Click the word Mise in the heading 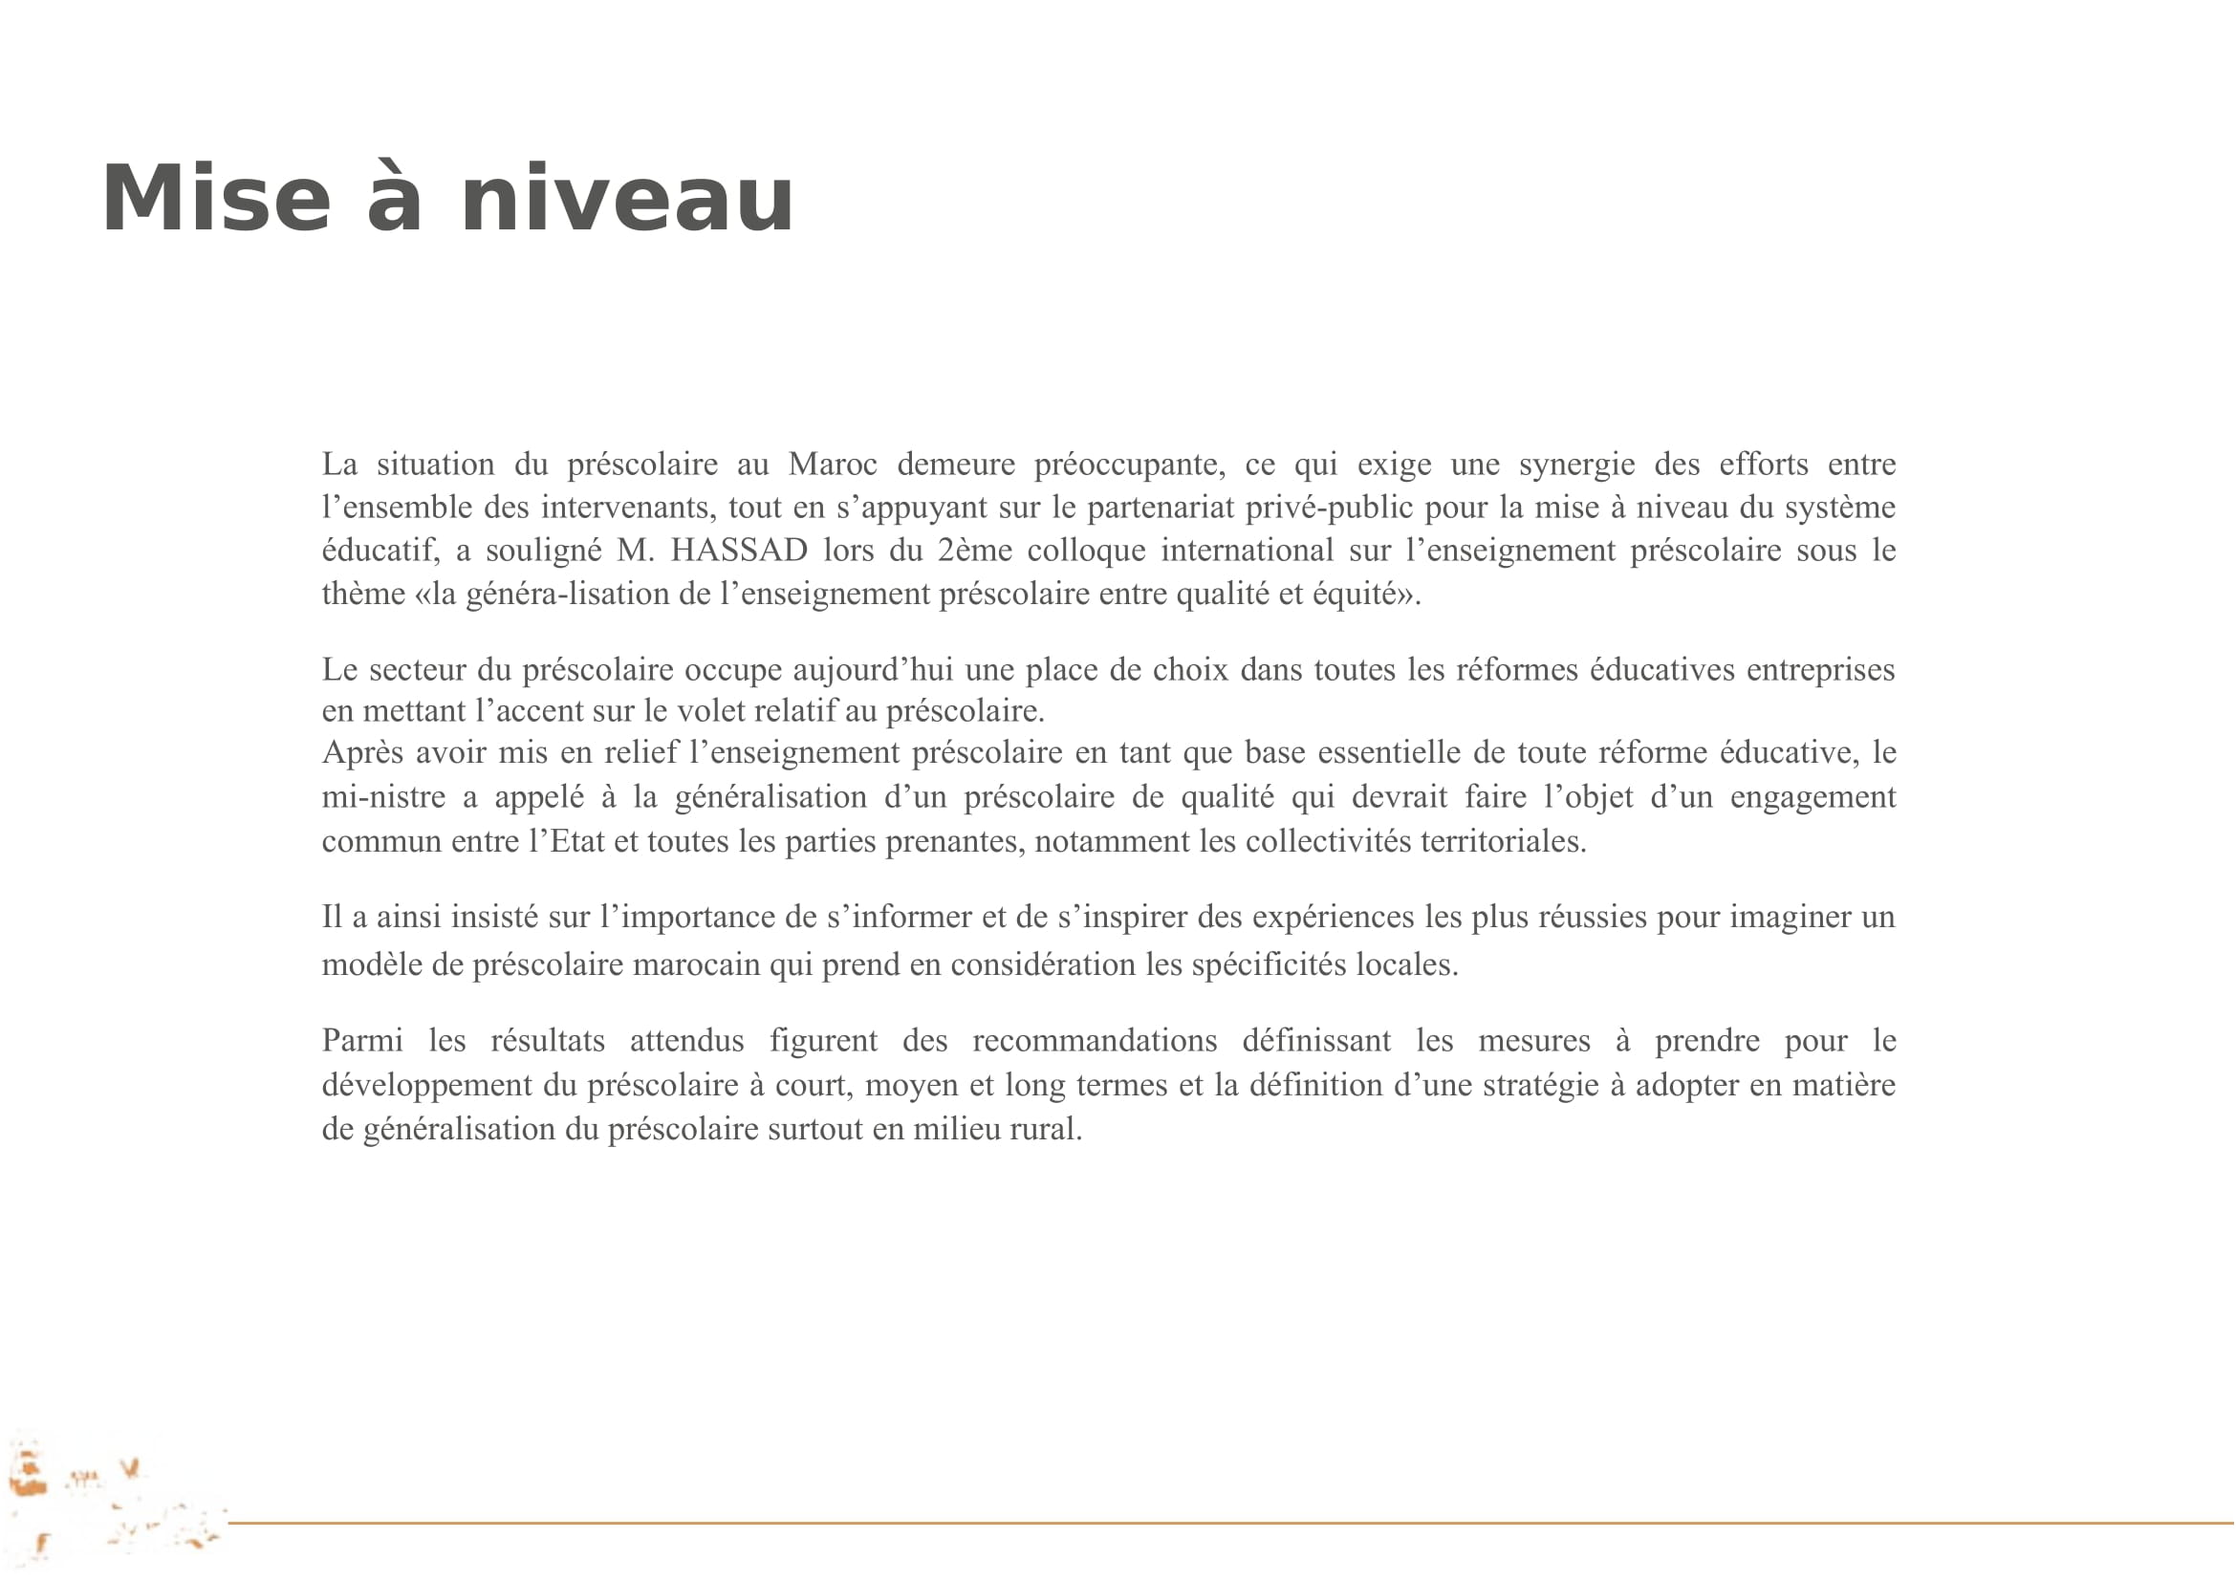(x=216, y=200)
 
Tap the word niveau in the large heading (x=627, y=200)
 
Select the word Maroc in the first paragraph (x=832, y=465)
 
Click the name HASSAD (x=739, y=551)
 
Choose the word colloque (x=1086, y=551)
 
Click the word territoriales (x=1502, y=841)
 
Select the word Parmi (x=362, y=1041)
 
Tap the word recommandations (x=1095, y=1041)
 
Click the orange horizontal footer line (x=1227, y=1523)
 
